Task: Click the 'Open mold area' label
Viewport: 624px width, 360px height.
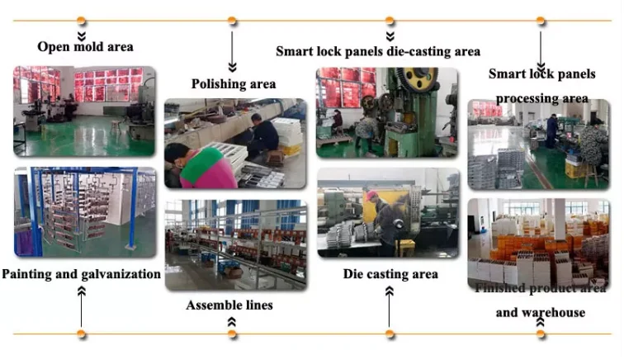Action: coord(85,46)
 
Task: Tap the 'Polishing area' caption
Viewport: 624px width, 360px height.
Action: coord(234,83)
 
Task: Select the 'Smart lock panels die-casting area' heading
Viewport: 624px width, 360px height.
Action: coord(378,51)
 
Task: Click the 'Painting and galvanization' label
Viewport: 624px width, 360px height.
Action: coord(81,273)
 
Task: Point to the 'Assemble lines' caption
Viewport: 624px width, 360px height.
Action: coord(229,306)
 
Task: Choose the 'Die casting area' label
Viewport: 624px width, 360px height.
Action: coord(390,273)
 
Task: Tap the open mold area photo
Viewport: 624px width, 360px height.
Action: coord(83,111)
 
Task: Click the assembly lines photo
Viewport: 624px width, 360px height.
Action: coord(235,244)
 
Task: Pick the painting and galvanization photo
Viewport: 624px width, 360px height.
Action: coord(84,212)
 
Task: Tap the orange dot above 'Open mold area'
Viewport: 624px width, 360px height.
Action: coord(81,21)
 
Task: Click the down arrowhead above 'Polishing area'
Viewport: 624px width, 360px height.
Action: coord(233,65)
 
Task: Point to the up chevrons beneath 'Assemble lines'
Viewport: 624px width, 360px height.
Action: coord(232,322)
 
